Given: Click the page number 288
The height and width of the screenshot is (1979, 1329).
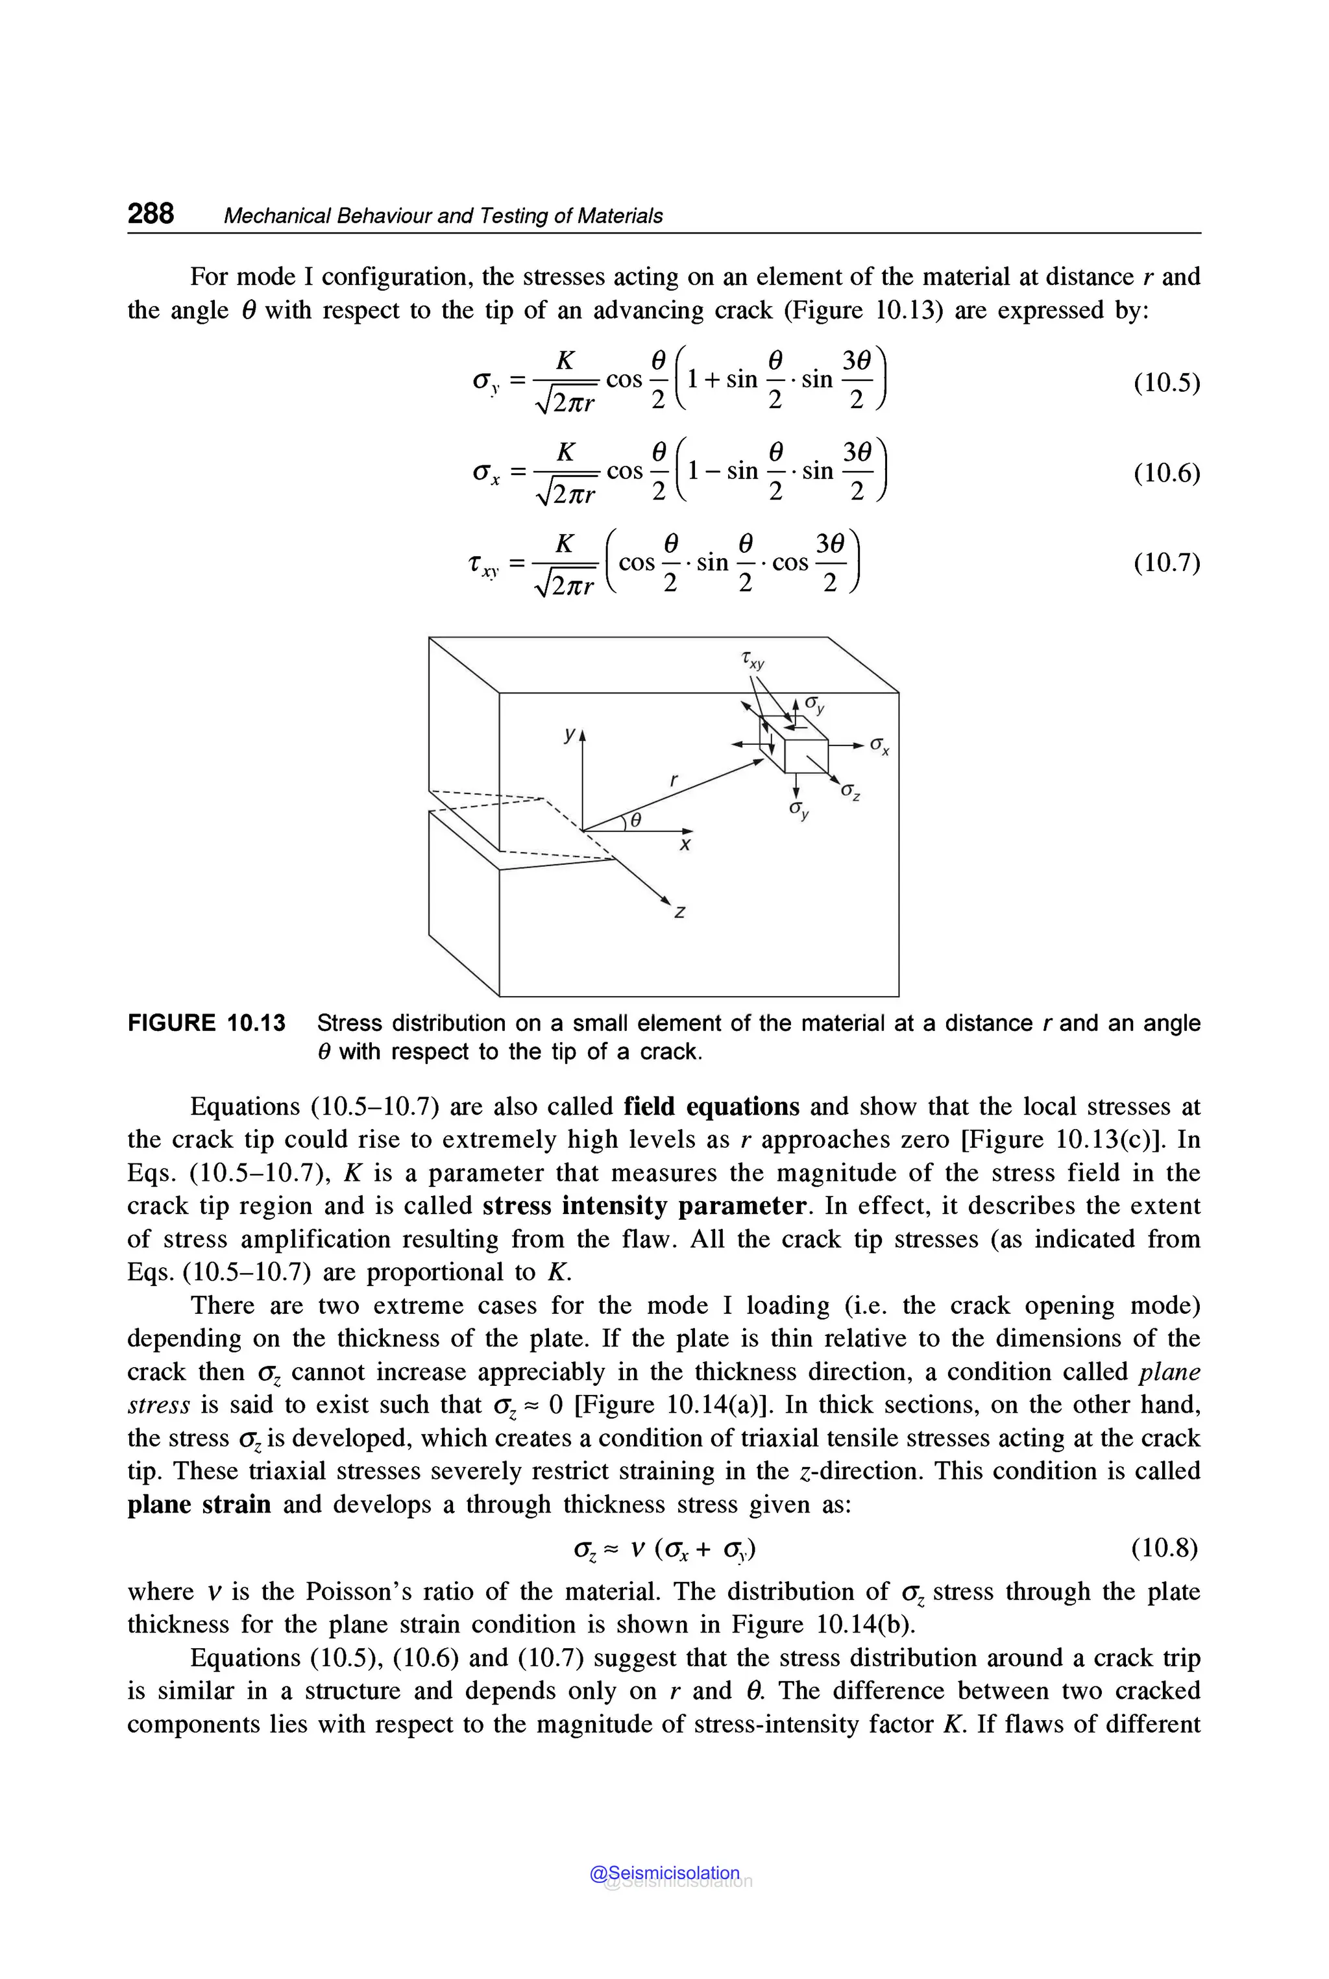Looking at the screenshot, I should coord(151,213).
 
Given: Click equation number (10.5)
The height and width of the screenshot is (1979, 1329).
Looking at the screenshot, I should coord(1166,383).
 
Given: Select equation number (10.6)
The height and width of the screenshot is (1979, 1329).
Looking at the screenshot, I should coord(1166,473).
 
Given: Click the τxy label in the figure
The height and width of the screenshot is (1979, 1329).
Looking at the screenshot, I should coord(752,659).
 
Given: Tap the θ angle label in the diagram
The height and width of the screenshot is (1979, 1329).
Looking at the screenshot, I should coord(635,820).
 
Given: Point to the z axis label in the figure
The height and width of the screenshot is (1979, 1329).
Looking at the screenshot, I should coord(679,912).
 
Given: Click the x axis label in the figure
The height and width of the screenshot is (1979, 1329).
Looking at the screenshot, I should coord(685,845).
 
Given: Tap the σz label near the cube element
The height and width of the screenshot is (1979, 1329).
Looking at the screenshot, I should coord(851,794).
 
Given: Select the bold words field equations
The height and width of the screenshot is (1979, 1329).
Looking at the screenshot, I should coord(711,1107).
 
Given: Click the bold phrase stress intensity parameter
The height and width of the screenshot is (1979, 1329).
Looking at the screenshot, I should coord(644,1206).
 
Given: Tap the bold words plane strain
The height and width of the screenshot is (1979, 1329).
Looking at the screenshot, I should coord(199,1505).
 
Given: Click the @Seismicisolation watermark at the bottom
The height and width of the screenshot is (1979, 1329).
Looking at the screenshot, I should coord(664,1873).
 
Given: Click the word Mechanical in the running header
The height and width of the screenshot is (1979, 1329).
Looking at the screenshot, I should coord(277,216).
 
